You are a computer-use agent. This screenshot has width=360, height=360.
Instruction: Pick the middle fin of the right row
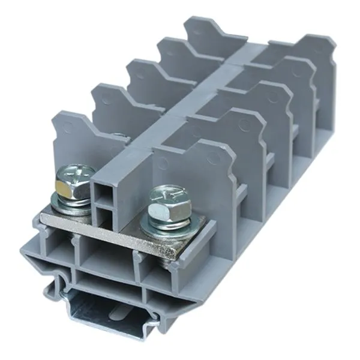pyautogui.click(x=267, y=102)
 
